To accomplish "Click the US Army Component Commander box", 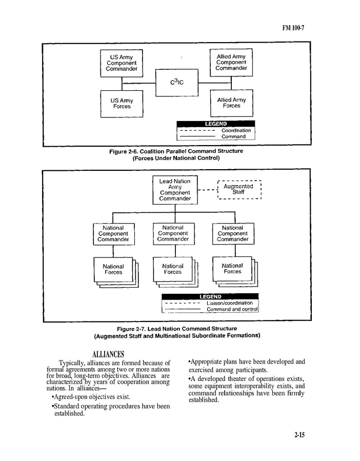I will (x=122, y=63).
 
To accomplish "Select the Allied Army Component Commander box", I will (x=231, y=63).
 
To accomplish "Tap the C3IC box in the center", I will (x=176, y=82).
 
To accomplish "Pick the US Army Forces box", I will (x=122, y=104).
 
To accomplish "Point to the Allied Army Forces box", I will (x=231, y=103).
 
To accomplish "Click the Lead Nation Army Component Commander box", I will (x=175, y=190).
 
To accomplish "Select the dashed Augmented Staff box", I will (x=239, y=189).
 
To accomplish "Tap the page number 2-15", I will (x=299, y=435).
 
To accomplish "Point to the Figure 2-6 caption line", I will (x=176, y=151).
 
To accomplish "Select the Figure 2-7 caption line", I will (x=177, y=328).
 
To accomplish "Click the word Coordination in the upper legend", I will (x=236, y=130).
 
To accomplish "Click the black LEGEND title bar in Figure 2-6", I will (x=216, y=124).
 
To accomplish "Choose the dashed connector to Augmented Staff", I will (x=207, y=190).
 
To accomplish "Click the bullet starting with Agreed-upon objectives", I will (x=91, y=397).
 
